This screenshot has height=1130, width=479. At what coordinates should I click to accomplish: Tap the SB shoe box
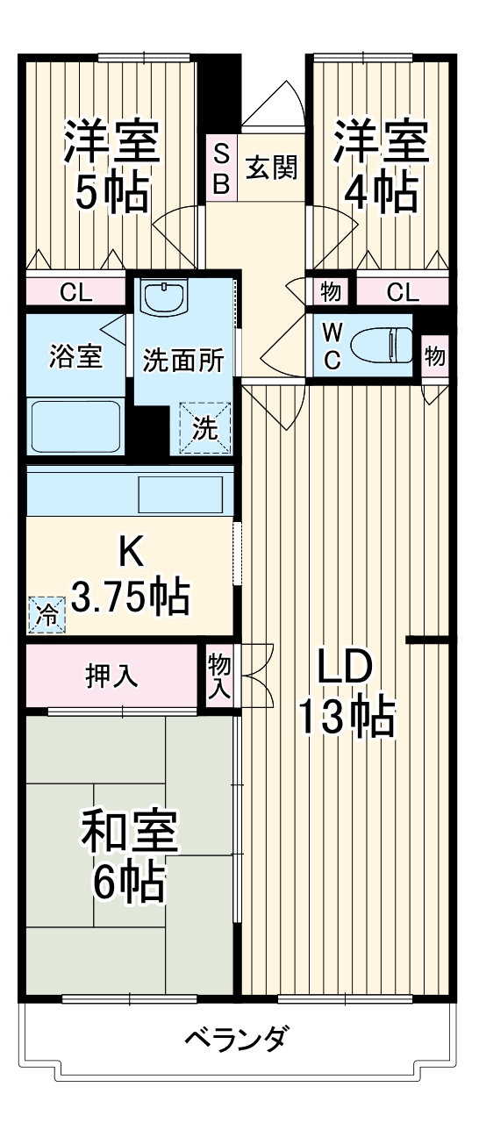(x=222, y=168)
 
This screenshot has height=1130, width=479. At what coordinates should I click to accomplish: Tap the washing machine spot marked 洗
(x=204, y=427)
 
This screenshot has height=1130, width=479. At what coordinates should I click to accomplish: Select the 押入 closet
(x=111, y=676)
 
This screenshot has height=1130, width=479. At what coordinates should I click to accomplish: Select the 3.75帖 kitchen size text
(x=130, y=597)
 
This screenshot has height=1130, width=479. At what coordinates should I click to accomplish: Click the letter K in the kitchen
(x=130, y=552)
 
